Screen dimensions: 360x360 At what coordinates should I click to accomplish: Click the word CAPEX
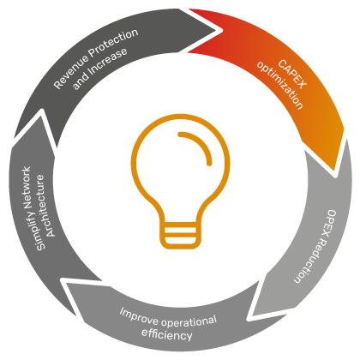click(292, 74)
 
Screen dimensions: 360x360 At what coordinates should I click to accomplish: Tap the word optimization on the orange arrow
click(279, 85)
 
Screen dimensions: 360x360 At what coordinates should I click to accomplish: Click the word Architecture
click(45, 206)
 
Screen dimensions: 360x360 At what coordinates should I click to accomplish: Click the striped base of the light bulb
click(181, 235)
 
